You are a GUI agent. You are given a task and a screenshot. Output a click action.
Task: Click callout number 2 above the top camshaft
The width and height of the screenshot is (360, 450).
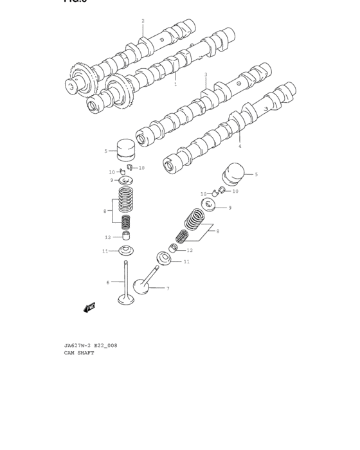pos(143,21)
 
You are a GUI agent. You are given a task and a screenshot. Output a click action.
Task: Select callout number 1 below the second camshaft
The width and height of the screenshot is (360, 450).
pos(175,84)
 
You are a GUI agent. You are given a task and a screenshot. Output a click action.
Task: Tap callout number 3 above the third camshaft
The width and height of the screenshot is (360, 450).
pos(206,75)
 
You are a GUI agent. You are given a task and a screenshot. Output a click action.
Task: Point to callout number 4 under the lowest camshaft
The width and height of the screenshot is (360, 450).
pos(240,146)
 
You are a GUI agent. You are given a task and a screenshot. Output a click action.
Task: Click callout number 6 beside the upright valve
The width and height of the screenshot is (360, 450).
pos(108,282)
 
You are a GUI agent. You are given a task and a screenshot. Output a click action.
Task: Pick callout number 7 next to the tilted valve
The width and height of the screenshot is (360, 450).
pos(168,289)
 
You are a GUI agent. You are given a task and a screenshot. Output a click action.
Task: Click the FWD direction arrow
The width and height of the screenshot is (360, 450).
pos(89,308)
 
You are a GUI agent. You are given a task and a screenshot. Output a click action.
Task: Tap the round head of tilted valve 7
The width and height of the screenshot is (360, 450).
pos(141,285)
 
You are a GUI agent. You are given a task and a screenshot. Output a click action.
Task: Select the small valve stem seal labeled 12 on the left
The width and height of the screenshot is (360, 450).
pos(126,237)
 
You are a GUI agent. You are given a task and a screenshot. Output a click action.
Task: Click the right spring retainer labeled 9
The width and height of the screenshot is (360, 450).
pos(209,206)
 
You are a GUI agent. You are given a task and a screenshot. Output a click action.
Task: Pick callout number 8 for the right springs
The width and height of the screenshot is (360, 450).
pos(217,231)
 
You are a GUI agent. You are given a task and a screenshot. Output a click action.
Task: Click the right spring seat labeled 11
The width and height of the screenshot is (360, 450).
pos(165,259)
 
